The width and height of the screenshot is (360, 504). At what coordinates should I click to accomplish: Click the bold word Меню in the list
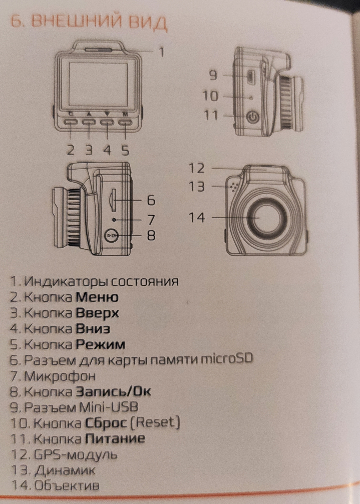click(x=97, y=297)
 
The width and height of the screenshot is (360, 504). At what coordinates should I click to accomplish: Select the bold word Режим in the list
click(x=100, y=344)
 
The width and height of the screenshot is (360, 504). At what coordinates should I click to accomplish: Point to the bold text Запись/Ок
click(x=113, y=392)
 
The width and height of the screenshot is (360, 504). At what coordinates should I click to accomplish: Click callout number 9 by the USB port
click(x=213, y=76)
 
